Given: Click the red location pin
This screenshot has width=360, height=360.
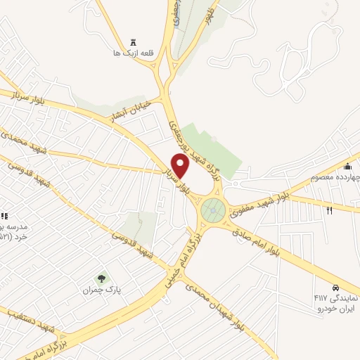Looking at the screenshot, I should [x=181, y=165].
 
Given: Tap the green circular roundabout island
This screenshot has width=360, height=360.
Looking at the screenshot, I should [x=212, y=210].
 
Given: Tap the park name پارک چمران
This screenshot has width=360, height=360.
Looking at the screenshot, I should [x=98, y=290].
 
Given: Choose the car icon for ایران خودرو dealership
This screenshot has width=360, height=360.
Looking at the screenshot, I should [x=337, y=288].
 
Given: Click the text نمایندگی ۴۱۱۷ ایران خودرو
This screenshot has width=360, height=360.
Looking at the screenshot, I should [x=336, y=303].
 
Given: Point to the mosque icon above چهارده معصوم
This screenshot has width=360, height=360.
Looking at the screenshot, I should [x=347, y=166].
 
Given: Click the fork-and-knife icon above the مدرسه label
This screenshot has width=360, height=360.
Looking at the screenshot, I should [x=4, y=216].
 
